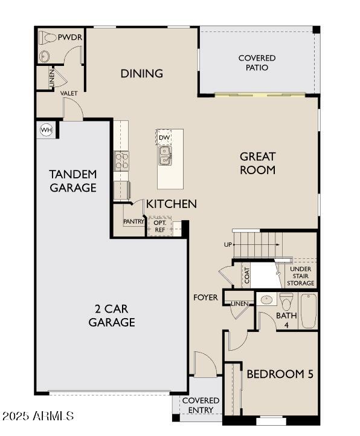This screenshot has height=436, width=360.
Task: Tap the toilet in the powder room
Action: (49, 38)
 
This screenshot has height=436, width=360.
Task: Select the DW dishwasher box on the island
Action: (164, 137)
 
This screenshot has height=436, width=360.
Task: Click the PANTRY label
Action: (133, 222)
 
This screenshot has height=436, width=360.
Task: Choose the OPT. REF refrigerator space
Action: (159, 226)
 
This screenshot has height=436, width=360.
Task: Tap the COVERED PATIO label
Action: (257, 63)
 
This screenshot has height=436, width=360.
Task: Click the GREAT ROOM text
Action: (257, 163)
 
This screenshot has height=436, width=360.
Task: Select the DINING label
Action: (142, 74)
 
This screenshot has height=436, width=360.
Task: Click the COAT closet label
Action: (246, 275)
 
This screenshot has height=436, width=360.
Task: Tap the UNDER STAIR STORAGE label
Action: (301, 276)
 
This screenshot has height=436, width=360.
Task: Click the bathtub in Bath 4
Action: (309, 311)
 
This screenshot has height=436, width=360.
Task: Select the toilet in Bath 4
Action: (286, 300)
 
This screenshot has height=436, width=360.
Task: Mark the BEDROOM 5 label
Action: (280, 374)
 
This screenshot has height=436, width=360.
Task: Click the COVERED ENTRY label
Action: (201, 405)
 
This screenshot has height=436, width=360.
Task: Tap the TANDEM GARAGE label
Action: (73, 181)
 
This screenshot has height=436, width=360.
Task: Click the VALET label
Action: (69, 94)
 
